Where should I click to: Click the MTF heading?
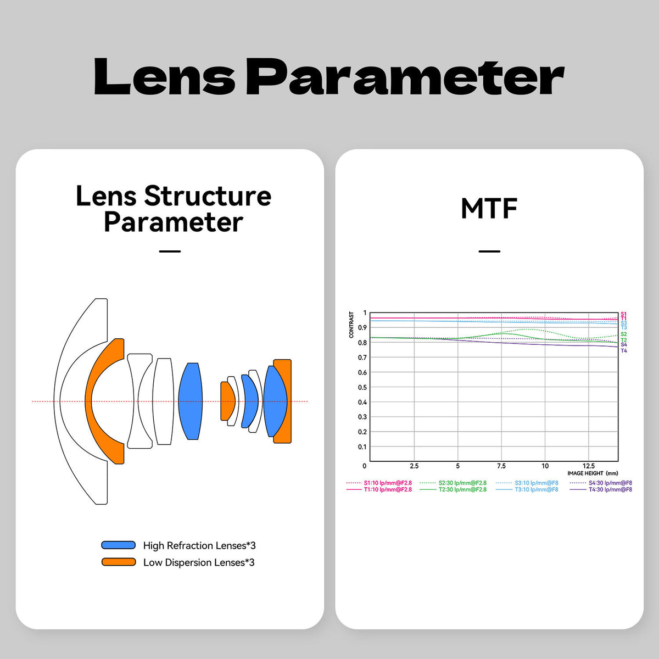click(x=489, y=208)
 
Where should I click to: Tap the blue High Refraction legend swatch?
click(x=118, y=545)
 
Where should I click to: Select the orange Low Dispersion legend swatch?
click(x=118, y=562)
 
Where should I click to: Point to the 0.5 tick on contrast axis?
click(x=362, y=387)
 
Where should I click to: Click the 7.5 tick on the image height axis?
click(x=501, y=466)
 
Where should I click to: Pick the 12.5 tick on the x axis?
click(x=589, y=466)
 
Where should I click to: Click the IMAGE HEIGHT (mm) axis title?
click(x=593, y=473)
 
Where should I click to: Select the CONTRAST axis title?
click(x=351, y=325)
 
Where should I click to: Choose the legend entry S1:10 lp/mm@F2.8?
click(x=388, y=483)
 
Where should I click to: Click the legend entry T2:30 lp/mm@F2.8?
click(x=462, y=489)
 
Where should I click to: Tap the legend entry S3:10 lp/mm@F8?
click(x=536, y=483)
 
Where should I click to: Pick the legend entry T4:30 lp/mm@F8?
click(x=610, y=489)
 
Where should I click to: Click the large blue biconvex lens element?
click(x=191, y=401)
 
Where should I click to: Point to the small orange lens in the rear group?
click(x=227, y=401)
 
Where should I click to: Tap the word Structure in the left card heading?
click(x=208, y=196)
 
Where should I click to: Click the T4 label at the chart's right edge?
click(x=624, y=351)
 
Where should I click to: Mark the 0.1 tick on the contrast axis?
click(x=362, y=446)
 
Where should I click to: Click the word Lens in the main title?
click(x=165, y=76)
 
